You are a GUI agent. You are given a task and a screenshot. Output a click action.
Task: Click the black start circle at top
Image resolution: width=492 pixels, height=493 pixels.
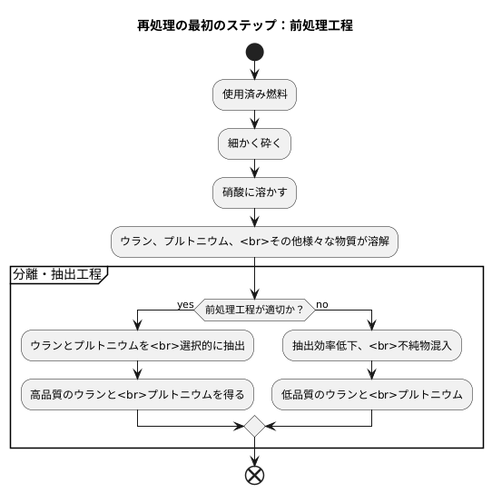point(254,51)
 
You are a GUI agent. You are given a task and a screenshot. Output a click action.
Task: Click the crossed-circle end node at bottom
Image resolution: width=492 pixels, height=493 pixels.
point(254,476)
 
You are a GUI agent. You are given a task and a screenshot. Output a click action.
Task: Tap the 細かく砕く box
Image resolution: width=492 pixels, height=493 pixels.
point(254,143)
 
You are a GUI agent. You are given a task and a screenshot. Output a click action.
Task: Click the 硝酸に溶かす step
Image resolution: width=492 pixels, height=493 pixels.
point(254,192)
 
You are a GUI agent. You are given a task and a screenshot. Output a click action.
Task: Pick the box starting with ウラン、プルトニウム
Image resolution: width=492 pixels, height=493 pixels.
point(254,241)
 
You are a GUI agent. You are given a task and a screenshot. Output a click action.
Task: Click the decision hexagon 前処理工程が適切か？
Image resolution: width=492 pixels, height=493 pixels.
point(254,309)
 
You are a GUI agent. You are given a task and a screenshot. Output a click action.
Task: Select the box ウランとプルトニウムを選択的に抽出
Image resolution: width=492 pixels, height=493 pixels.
point(136,345)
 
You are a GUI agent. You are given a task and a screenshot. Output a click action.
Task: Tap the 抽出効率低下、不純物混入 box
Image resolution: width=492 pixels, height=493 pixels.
point(372,345)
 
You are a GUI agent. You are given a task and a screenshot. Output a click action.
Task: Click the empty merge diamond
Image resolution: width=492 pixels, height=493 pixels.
point(254,425)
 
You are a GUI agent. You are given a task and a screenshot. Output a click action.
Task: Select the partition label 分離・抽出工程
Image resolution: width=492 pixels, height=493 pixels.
point(57,272)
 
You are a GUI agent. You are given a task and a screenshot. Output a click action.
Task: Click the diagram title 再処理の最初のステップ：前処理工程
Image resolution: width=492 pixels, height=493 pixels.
point(245,25)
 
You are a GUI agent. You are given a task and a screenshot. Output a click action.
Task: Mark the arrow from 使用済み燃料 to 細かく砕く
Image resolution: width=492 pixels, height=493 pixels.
point(254,120)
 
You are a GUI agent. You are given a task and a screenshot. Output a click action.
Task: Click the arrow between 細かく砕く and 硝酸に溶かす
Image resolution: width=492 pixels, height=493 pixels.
point(254,168)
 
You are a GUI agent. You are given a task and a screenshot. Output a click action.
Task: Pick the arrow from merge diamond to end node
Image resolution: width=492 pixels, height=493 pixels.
point(254,450)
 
